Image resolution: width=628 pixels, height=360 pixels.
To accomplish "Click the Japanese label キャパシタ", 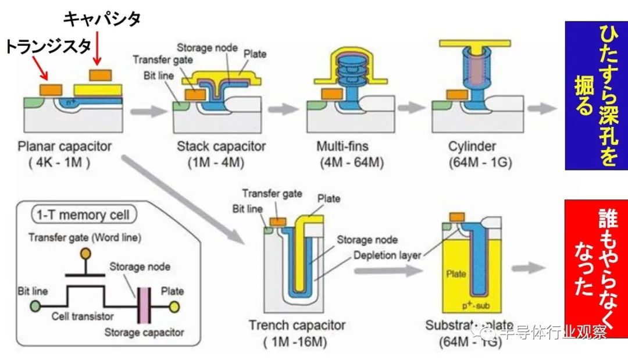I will pos(101,19).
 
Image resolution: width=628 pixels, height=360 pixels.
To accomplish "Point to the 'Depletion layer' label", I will pos(386,254).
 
